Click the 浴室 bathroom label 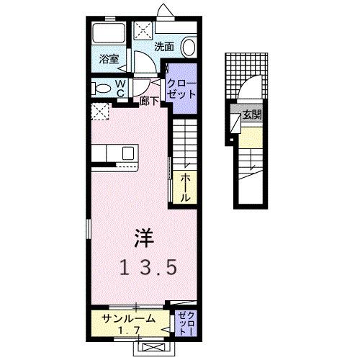point(109,60)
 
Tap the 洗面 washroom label point(164,46)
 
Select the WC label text point(120,88)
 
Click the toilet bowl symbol point(103,89)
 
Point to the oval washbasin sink point(188,47)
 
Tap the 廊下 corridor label point(150,102)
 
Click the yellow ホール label point(184,186)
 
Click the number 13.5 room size point(148,267)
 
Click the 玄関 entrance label point(251,115)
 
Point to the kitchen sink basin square point(127,153)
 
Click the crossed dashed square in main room point(100,112)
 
